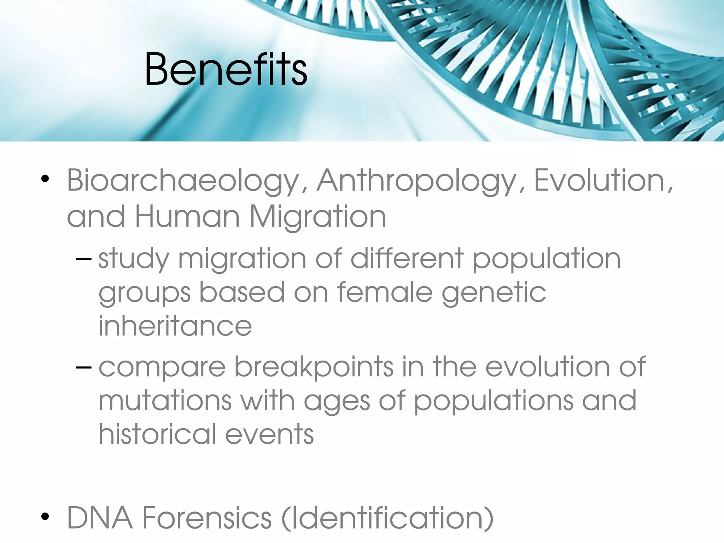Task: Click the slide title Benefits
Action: [x=226, y=69]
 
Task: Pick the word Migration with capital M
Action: [x=318, y=217]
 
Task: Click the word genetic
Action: [x=494, y=293]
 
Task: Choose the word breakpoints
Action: [x=314, y=367]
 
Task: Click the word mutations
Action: [x=165, y=401]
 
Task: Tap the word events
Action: [x=269, y=434]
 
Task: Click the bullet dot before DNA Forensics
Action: [x=45, y=517]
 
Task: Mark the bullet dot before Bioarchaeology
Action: [x=45, y=179]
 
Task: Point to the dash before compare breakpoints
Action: [x=83, y=367]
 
